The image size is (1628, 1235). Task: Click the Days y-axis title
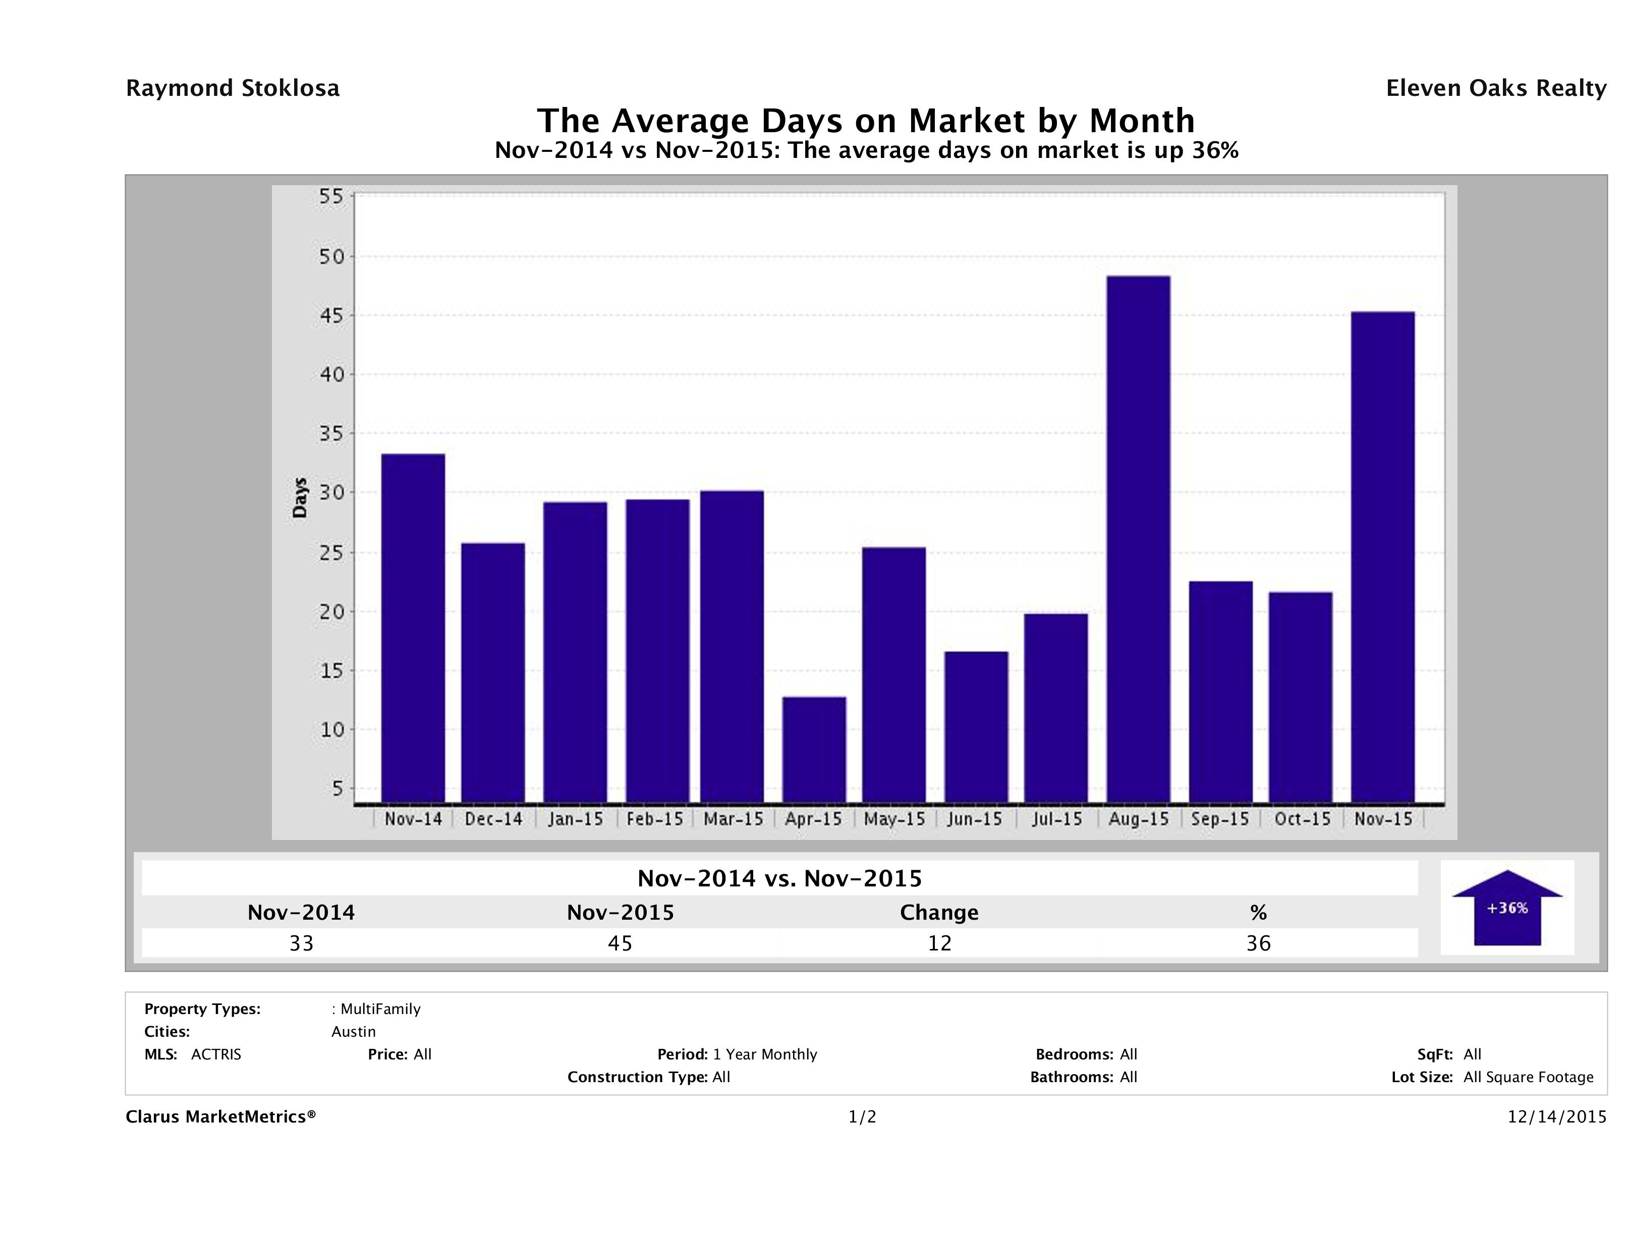[x=300, y=498]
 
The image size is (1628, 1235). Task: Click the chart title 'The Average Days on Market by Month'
[x=866, y=121]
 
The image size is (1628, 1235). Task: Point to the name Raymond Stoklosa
[x=233, y=88]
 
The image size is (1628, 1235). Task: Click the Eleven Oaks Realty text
[x=1495, y=88]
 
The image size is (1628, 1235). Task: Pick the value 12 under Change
[x=939, y=943]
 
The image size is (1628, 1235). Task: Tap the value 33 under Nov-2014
[x=301, y=943]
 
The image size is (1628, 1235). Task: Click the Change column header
[x=939, y=913]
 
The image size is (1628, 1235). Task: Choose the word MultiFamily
[x=380, y=1009]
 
